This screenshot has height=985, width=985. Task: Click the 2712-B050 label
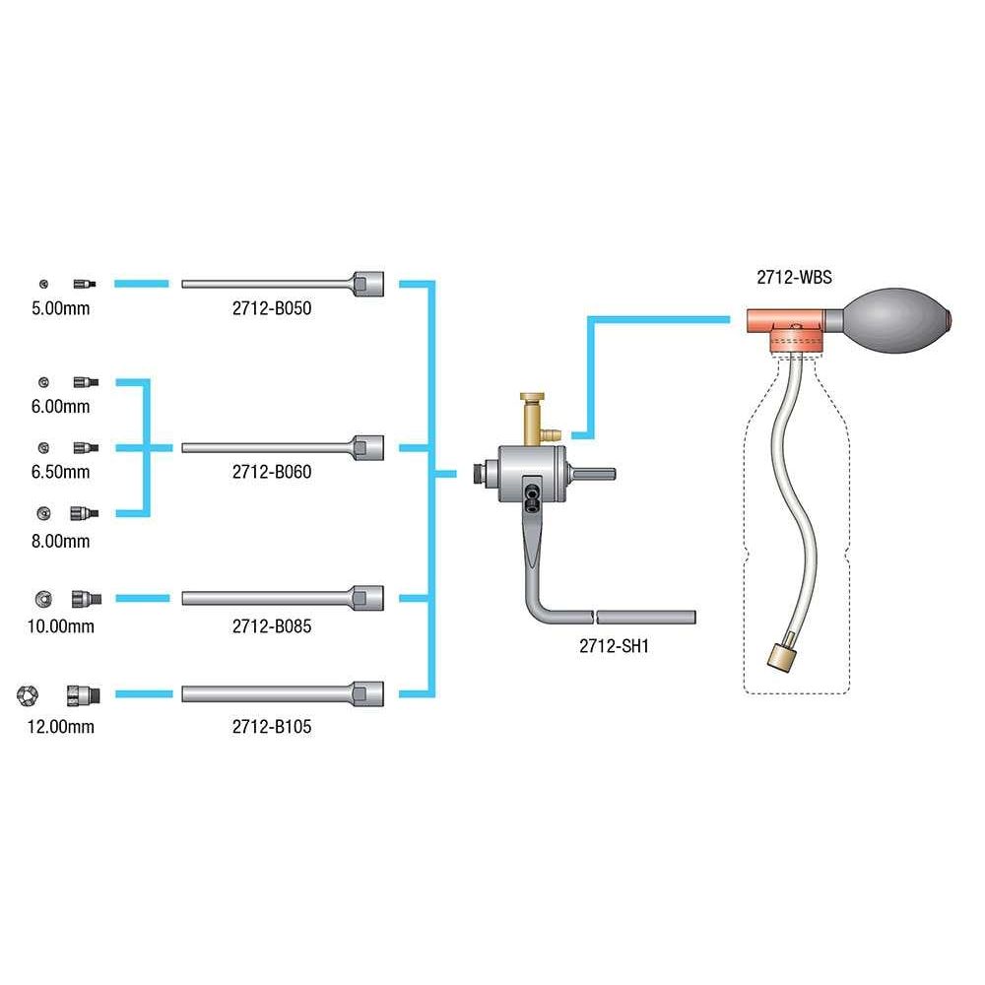click(x=272, y=308)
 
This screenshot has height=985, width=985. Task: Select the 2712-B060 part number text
click(x=272, y=472)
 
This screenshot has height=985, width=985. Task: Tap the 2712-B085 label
click(x=272, y=625)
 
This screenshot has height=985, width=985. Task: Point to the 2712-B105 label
click(x=272, y=727)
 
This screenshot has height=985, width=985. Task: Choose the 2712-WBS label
click(x=794, y=278)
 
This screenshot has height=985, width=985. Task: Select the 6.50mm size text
click(x=60, y=472)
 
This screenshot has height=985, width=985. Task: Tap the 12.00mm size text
click(x=61, y=727)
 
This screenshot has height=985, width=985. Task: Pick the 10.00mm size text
click(x=61, y=625)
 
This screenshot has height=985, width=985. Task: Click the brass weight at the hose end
click(x=780, y=655)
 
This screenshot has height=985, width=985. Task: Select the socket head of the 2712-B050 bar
click(x=367, y=284)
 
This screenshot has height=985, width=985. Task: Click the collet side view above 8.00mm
click(x=83, y=513)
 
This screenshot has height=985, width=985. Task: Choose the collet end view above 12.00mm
click(x=27, y=694)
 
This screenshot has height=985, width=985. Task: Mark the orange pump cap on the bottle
click(x=785, y=327)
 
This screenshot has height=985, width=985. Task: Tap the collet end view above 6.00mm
click(x=42, y=381)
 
